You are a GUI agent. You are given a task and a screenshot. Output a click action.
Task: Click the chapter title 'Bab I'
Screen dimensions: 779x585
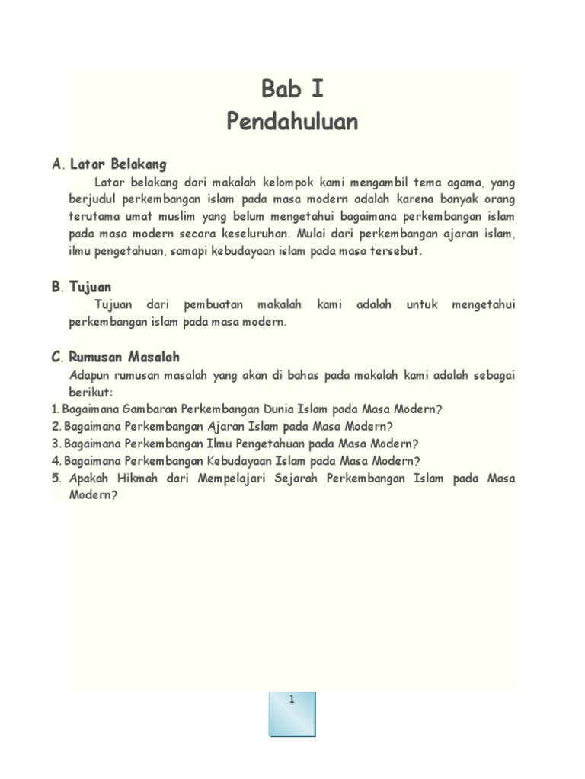pos(292,89)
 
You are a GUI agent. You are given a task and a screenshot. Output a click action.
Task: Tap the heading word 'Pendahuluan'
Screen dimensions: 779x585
pos(292,122)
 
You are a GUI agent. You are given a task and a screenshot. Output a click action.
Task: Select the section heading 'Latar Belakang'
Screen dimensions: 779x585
pos(118,164)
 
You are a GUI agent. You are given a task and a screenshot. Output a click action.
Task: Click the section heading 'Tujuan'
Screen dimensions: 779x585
pos(90,287)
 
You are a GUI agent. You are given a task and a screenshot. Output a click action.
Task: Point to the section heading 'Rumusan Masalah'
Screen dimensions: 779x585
pos(124,357)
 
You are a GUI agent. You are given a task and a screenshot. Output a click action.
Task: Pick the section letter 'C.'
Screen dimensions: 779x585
pos(57,358)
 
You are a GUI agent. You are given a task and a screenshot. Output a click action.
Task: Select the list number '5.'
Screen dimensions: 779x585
pos(56,479)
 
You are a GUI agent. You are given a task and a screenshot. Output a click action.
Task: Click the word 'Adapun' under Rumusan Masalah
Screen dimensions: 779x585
pos(88,375)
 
